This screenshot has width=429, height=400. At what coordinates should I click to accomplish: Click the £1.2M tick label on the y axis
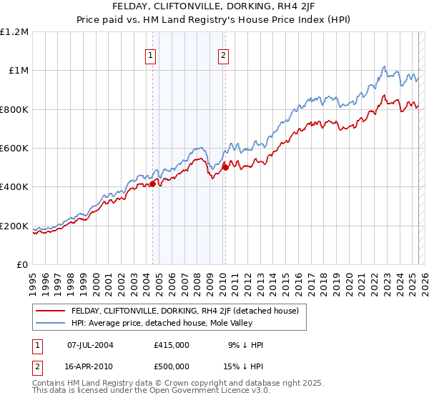14,31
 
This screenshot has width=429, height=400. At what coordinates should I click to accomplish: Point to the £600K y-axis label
14,148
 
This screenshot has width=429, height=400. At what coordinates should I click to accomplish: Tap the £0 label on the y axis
21,264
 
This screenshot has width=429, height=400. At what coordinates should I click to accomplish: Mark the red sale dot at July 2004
152,184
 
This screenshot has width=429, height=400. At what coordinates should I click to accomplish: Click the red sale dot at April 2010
225,167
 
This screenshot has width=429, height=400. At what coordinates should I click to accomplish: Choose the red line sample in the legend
51,310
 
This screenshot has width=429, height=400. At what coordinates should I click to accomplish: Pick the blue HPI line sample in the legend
51,322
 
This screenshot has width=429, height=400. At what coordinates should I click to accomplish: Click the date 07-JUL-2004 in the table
90,344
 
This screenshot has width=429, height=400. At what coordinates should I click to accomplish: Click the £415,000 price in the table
172,344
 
